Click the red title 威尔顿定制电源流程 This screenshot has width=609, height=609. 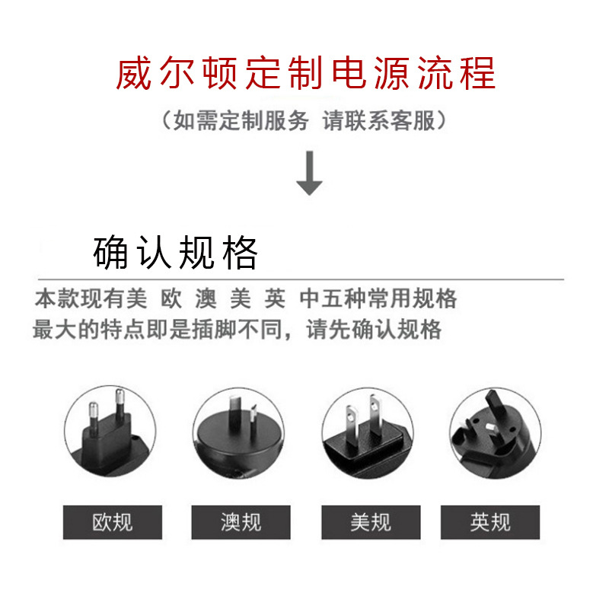coord(305,73)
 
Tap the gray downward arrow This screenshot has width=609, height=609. coord(309,174)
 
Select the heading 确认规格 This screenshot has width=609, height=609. coord(175,253)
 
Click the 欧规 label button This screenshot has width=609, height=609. coord(112,522)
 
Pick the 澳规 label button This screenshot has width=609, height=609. coord(241,522)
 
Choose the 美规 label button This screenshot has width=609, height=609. coord(371,522)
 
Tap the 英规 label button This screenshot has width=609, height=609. coord(490,522)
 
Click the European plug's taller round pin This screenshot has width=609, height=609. coord(120,404)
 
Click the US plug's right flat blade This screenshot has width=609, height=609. coord(375,413)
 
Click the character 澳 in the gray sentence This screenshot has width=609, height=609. coord(206,298)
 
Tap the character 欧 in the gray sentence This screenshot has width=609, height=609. coord(171,298)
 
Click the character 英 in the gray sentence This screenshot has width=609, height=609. coord(275,298)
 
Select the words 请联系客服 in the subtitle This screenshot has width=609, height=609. coord(378,120)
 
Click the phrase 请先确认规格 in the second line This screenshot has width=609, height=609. coord(374,330)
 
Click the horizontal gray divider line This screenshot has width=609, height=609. coord(301,279)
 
